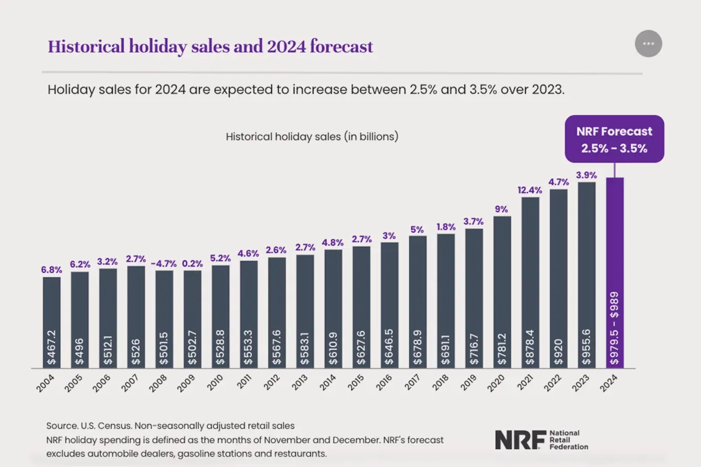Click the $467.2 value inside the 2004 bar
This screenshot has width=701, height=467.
pyautogui.click(x=52, y=347)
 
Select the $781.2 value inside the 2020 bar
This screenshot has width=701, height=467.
pyautogui.click(x=502, y=347)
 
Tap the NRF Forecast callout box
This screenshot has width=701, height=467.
pyautogui.click(x=614, y=139)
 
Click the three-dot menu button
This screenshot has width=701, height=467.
pyautogui.click(x=649, y=44)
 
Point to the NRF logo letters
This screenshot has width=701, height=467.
pyautogui.click(x=517, y=440)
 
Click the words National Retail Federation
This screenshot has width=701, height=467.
pyautogui.click(x=568, y=440)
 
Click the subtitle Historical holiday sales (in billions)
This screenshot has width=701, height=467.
pyautogui.click(x=312, y=136)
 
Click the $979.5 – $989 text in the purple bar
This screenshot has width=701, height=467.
pyautogui.click(x=614, y=328)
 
